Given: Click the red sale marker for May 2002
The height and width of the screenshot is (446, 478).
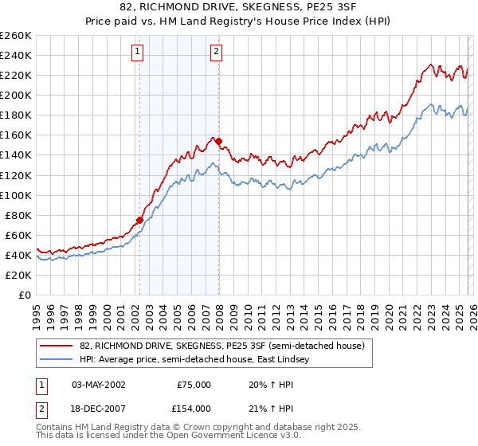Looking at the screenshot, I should coord(139,220).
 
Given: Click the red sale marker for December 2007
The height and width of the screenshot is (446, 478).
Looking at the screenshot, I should coord(218,141).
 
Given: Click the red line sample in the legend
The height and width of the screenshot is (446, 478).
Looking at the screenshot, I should coord(57,346).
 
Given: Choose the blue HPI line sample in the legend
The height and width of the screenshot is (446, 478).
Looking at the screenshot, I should coord(57,360).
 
